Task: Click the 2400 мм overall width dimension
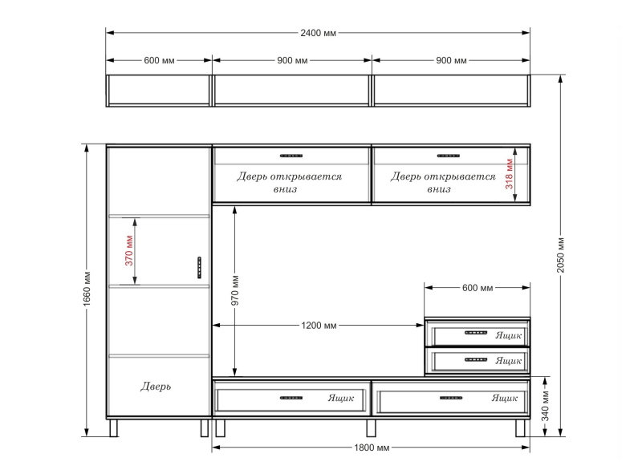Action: (x=318, y=33)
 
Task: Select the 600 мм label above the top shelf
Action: (x=159, y=61)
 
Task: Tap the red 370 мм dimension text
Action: (x=129, y=250)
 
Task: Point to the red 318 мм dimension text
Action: (x=509, y=174)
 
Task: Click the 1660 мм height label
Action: (x=87, y=289)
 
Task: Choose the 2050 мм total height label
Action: (x=560, y=255)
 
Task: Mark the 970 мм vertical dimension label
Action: (x=235, y=290)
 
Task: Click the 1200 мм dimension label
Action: (x=319, y=326)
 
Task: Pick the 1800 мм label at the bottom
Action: (x=372, y=448)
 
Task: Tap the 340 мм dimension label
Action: (x=545, y=406)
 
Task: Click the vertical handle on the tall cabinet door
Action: (x=199, y=268)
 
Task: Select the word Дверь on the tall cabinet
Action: (x=156, y=386)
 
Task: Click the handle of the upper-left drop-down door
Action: (x=291, y=156)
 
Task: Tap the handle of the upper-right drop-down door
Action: (x=449, y=156)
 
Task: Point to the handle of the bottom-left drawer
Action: (x=291, y=398)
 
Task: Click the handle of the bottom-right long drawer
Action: (x=451, y=398)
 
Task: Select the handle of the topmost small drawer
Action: (x=476, y=332)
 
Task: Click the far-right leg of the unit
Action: (x=520, y=427)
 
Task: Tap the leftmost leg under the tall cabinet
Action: (x=113, y=427)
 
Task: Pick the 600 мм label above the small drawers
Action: (x=477, y=288)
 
